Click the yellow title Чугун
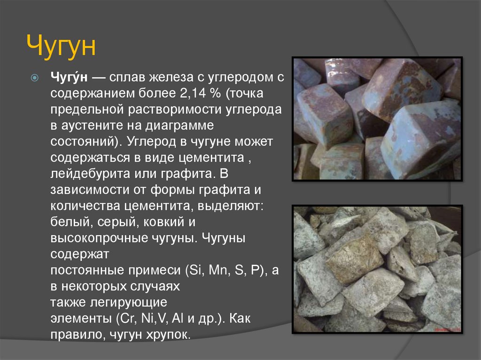[x=61, y=46]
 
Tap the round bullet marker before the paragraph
[x=35, y=77]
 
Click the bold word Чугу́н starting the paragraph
[x=69, y=77]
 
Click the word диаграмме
[x=179, y=125]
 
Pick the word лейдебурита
[x=90, y=174]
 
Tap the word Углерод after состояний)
[x=151, y=142]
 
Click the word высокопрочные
[x=99, y=238]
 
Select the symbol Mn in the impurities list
[x=219, y=270]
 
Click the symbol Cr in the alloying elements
[x=127, y=318]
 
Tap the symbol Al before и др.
[x=178, y=318]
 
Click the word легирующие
[x=129, y=302]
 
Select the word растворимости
[x=175, y=109]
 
